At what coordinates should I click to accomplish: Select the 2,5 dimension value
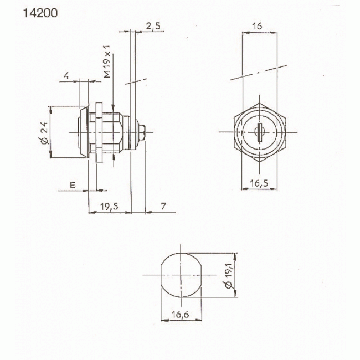[153, 25]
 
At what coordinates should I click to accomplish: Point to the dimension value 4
[66, 76]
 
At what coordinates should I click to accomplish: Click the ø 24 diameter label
[44, 133]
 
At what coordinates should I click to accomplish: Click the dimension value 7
[163, 206]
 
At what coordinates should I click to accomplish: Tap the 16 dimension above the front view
[256, 26]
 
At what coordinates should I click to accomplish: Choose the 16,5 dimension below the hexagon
[259, 182]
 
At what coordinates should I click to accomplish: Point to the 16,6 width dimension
[180, 314]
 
